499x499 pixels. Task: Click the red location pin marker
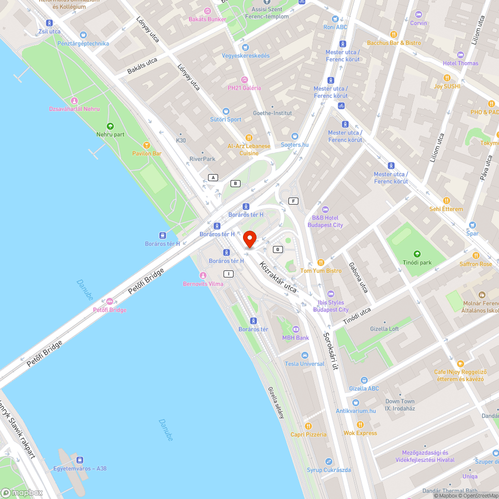pos(249,240)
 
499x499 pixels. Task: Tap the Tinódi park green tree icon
pos(417,253)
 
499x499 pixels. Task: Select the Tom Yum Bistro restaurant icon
pos(321,262)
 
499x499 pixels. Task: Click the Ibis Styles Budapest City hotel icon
pos(330,293)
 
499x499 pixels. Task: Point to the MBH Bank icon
pos(295,329)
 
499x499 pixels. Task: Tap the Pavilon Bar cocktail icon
pos(146,145)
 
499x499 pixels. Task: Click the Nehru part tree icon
pos(110,126)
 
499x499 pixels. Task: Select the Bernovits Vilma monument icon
pos(203,275)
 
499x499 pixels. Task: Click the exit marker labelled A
pos(214,178)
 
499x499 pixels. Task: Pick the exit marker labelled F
pos(293,201)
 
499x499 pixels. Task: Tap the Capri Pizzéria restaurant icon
pos(308,426)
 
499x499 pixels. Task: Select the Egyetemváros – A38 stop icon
pos(80,460)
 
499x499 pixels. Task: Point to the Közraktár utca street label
pos(278,277)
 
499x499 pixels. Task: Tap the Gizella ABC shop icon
pos(364,380)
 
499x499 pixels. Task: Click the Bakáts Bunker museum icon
pos(207,11)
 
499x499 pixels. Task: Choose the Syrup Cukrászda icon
pos(328,462)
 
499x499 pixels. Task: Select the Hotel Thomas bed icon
pos(460,54)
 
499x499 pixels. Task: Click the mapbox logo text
pos(24,493)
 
